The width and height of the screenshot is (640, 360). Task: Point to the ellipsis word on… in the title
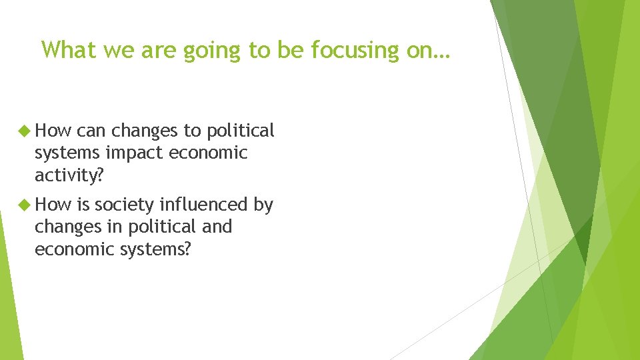click(x=431, y=49)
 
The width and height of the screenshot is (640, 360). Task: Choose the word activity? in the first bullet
click(x=69, y=175)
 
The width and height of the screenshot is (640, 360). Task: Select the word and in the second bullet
click(x=217, y=227)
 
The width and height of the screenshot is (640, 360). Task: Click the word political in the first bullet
click(x=241, y=131)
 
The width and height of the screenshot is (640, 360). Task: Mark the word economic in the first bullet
click(x=208, y=153)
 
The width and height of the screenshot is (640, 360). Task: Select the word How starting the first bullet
click(x=53, y=131)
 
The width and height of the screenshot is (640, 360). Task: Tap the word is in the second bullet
click(x=83, y=205)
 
